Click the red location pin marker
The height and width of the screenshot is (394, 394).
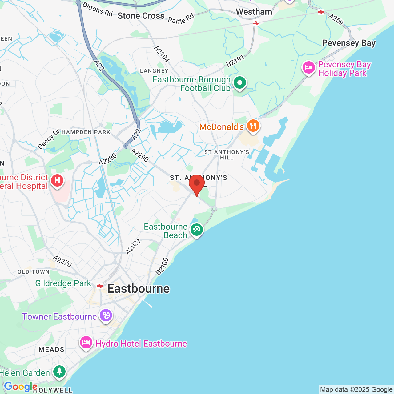pos(197,184)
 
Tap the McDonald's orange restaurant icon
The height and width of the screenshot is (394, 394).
pos(253,126)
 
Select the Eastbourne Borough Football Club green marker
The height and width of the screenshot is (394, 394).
pos(239,83)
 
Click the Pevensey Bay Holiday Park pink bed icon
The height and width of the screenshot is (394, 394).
pos(309,68)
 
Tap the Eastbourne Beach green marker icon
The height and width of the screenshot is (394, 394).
pos(197,230)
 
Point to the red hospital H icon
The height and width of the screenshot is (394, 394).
pos(57,180)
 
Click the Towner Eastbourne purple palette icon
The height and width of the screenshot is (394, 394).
pos(106,316)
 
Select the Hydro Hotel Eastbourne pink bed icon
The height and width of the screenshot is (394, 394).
pos(86,343)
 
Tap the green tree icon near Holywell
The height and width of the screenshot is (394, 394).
pos(59,372)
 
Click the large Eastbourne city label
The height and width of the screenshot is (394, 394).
pos(139,289)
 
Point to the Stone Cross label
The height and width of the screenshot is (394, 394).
pos(141,16)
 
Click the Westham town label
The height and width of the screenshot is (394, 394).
pos(254,12)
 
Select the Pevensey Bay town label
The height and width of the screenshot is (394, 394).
pos(349,43)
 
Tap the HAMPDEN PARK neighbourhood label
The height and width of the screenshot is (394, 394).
pos(86,132)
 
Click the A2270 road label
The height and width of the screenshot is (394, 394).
pos(62,261)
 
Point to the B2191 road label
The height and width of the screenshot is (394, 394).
pos(235,61)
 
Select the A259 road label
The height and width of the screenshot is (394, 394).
pos(336,19)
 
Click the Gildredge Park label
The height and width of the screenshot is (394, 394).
pos(63,283)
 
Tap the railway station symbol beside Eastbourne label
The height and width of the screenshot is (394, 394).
pos(99,286)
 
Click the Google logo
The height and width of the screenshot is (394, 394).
pos(21,387)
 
